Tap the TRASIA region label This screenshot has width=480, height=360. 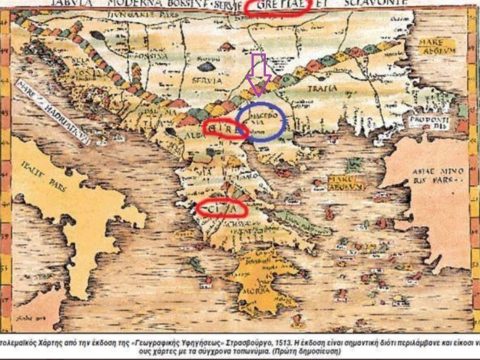(326, 87)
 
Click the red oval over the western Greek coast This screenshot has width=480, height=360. (222, 207)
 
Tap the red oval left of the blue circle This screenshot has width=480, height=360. (224, 129)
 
